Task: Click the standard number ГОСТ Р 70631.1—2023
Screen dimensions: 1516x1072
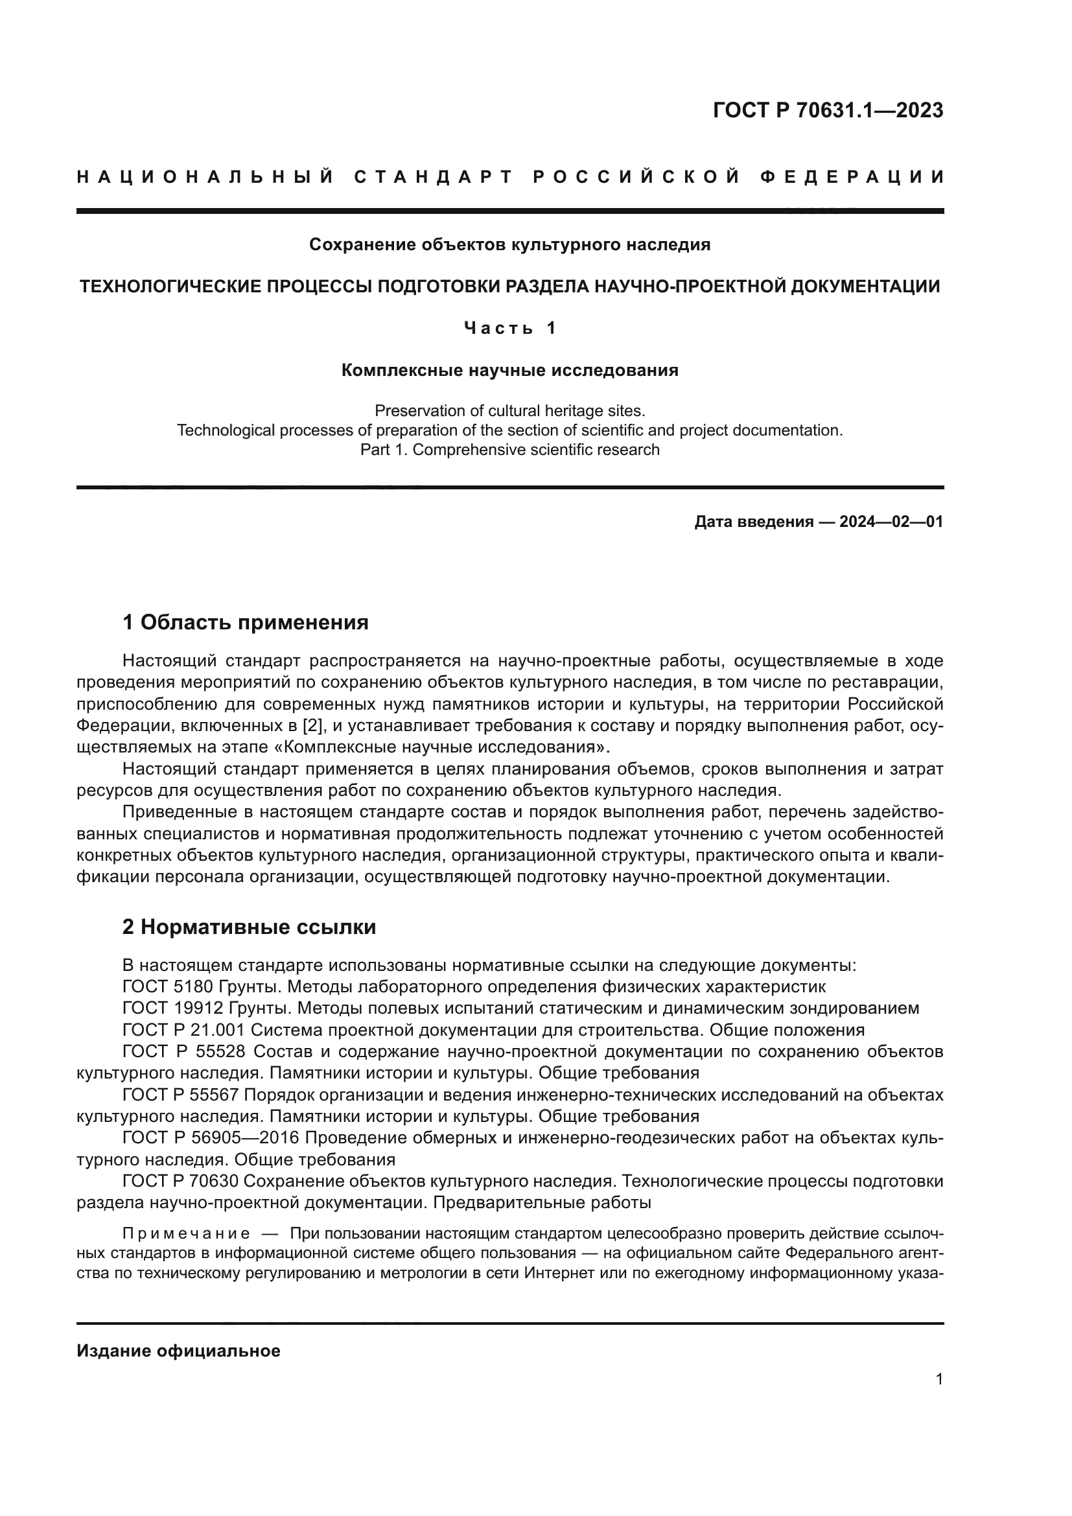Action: tap(828, 110)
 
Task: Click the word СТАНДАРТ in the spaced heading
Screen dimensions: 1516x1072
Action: tap(434, 177)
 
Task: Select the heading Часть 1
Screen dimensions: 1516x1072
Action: tap(509, 328)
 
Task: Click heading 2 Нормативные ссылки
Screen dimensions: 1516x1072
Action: tap(249, 927)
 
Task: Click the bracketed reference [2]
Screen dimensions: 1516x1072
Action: tap(312, 726)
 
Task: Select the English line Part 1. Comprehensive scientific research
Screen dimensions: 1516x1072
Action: tap(509, 450)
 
